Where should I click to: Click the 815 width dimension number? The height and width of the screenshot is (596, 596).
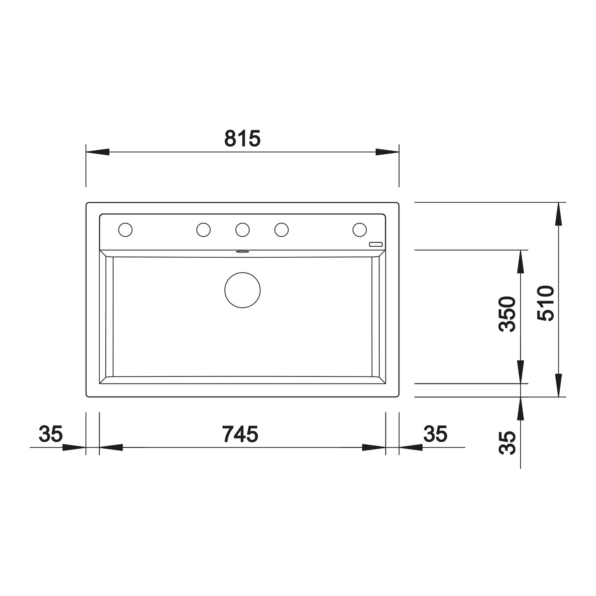pos(243,138)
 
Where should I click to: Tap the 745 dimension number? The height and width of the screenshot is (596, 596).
pos(240,434)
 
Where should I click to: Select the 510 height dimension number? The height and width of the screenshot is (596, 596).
pos(545,303)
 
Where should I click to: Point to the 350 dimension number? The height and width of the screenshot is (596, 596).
pos(508,314)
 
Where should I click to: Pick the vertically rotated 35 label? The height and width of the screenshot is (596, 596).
pos(508,443)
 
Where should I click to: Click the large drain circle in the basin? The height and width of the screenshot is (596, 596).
pos(243,290)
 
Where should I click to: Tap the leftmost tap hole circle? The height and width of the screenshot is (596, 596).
pos(125,230)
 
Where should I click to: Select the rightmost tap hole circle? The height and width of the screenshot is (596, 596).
pos(359,230)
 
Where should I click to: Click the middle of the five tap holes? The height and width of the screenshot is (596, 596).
pos(243,230)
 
